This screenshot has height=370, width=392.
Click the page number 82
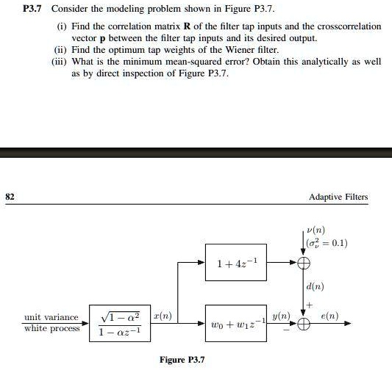click(10, 197)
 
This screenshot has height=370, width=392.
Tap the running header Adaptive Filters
click(338, 197)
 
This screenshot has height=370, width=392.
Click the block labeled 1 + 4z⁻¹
click(237, 262)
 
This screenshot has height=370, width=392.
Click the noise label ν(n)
click(317, 230)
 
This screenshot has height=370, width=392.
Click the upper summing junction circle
click(302, 262)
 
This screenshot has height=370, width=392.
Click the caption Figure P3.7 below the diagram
click(182, 360)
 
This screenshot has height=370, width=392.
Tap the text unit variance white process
click(51, 323)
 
